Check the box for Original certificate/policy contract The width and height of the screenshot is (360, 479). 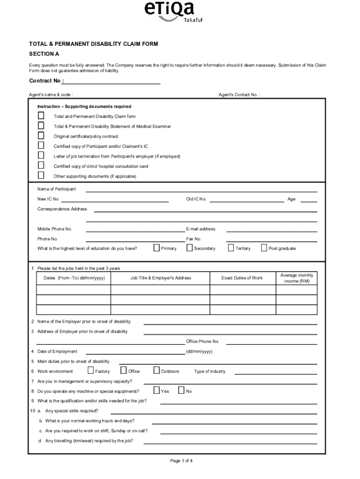click(x=41, y=136)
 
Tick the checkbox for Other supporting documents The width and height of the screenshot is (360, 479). click(x=41, y=175)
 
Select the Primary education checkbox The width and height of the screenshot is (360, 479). click(x=157, y=248)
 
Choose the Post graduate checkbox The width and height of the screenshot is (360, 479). click(x=264, y=248)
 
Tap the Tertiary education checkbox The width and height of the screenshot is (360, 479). click(x=231, y=248)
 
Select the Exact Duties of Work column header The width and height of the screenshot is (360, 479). click(x=242, y=278)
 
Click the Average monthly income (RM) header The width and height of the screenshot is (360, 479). click(x=296, y=278)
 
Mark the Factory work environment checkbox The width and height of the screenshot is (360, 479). click(x=90, y=370)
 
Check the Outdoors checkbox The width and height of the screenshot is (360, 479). click(x=157, y=370)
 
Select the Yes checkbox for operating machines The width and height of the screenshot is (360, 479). click(x=157, y=391)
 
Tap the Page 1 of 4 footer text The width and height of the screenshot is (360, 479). click(x=181, y=461)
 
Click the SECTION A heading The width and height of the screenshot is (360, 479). click(x=44, y=54)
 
